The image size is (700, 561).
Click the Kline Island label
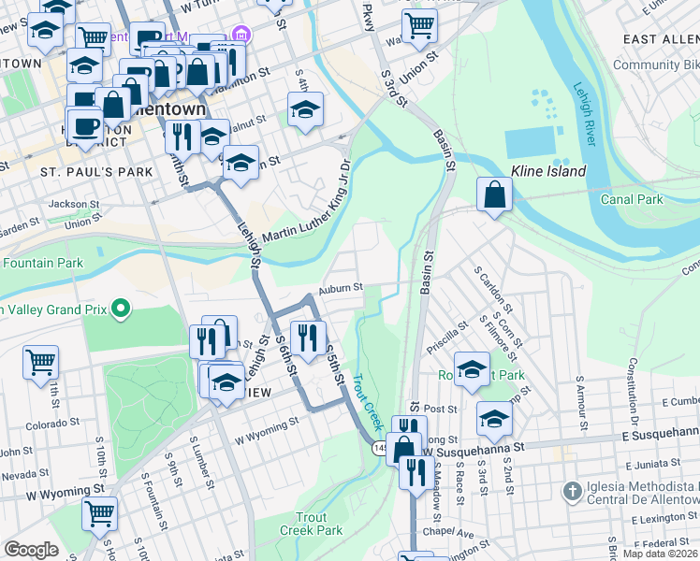[548, 171]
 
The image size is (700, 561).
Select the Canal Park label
[633, 199]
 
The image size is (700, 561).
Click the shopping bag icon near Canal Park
[494, 194]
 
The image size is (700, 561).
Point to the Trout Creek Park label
[311, 524]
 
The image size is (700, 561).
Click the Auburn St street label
[340, 289]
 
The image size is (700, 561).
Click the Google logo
[31, 550]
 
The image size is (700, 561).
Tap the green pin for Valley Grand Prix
[120, 308]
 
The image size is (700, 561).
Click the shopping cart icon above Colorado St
[40, 362]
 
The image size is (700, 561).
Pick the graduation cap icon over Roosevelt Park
[472, 368]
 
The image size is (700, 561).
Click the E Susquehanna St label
[660, 436]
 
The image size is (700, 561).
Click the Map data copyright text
[659, 554]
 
